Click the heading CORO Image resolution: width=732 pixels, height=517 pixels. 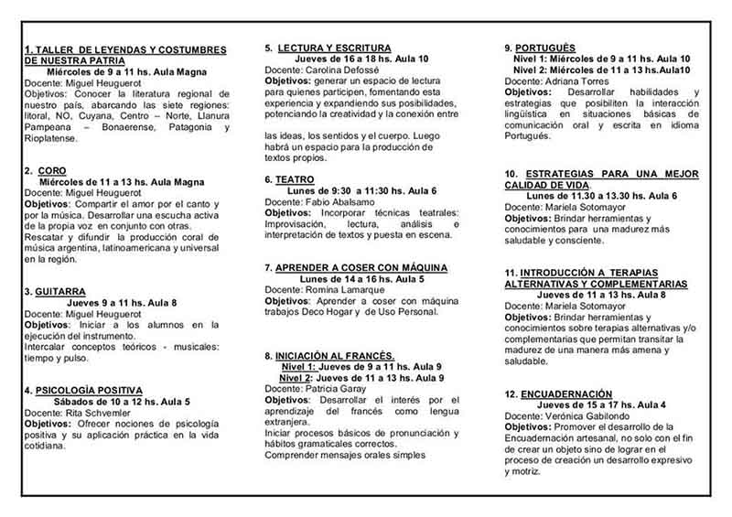(53, 170)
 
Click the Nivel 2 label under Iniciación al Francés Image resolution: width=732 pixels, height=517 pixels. (296, 377)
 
